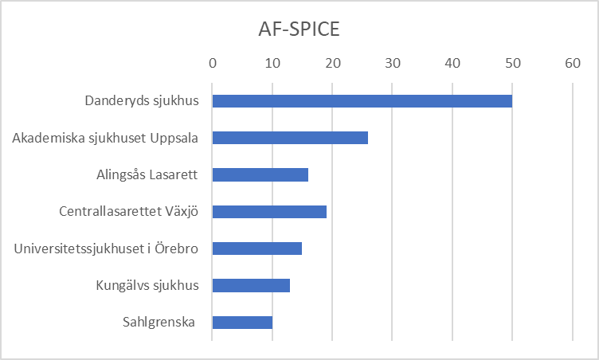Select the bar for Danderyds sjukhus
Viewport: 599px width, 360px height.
[x=362, y=101]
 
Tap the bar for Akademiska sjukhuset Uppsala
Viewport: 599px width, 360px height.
[x=290, y=138]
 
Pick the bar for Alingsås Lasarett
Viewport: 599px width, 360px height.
[x=260, y=174]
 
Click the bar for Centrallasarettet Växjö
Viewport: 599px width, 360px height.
[x=269, y=212]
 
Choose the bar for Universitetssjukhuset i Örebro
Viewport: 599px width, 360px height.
[x=256, y=248]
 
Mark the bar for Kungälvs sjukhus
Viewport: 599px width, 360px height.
[x=251, y=285]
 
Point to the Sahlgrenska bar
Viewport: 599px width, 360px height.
[x=242, y=322]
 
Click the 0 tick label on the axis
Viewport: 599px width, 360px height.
[x=213, y=63]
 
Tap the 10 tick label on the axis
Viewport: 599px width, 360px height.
[x=272, y=63]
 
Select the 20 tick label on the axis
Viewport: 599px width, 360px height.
[x=332, y=63]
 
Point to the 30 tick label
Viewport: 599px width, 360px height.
[x=393, y=63]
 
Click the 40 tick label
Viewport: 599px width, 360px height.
[x=452, y=63]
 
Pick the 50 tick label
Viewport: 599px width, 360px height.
[x=512, y=63]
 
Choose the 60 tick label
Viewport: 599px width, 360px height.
[x=572, y=63]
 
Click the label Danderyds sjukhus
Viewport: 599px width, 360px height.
[x=141, y=101]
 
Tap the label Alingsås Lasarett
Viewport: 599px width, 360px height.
[x=147, y=175]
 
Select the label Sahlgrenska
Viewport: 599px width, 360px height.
[x=159, y=323]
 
